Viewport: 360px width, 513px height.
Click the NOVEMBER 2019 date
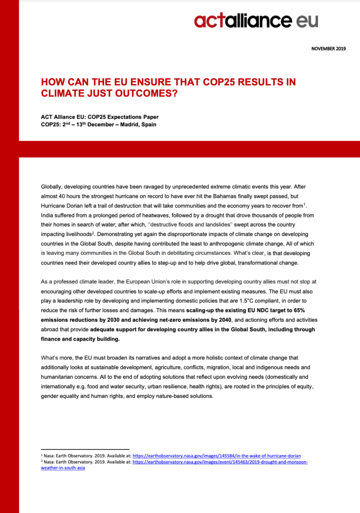[328, 49]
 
